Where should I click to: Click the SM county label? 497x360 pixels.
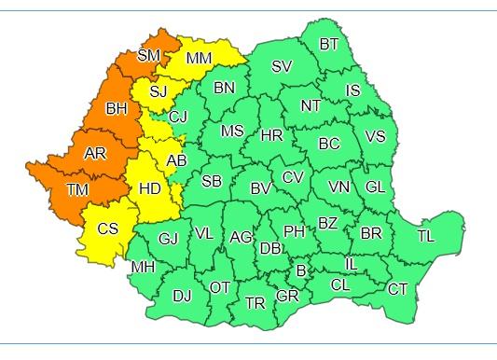click(x=148, y=55)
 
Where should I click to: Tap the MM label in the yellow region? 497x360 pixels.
click(x=199, y=59)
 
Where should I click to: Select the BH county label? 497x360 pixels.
click(x=117, y=109)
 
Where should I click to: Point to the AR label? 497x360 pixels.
click(x=94, y=153)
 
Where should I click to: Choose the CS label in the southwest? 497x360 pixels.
click(x=108, y=228)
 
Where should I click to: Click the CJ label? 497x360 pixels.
click(x=178, y=117)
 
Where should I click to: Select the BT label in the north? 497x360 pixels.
click(x=329, y=44)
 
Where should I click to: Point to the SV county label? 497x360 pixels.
click(x=282, y=65)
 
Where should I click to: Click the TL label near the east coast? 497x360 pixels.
click(x=425, y=236)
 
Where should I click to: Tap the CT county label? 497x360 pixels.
click(x=397, y=289)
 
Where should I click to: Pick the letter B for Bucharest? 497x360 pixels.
click(x=300, y=270)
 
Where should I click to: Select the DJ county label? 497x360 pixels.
click(x=183, y=297)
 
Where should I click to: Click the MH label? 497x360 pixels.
click(x=143, y=267)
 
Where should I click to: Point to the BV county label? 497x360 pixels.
click(x=260, y=188)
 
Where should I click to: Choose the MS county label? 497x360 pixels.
click(x=232, y=132)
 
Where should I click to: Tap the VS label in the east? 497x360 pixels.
click(x=375, y=136)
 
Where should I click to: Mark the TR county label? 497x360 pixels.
click(x=255, y=303)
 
